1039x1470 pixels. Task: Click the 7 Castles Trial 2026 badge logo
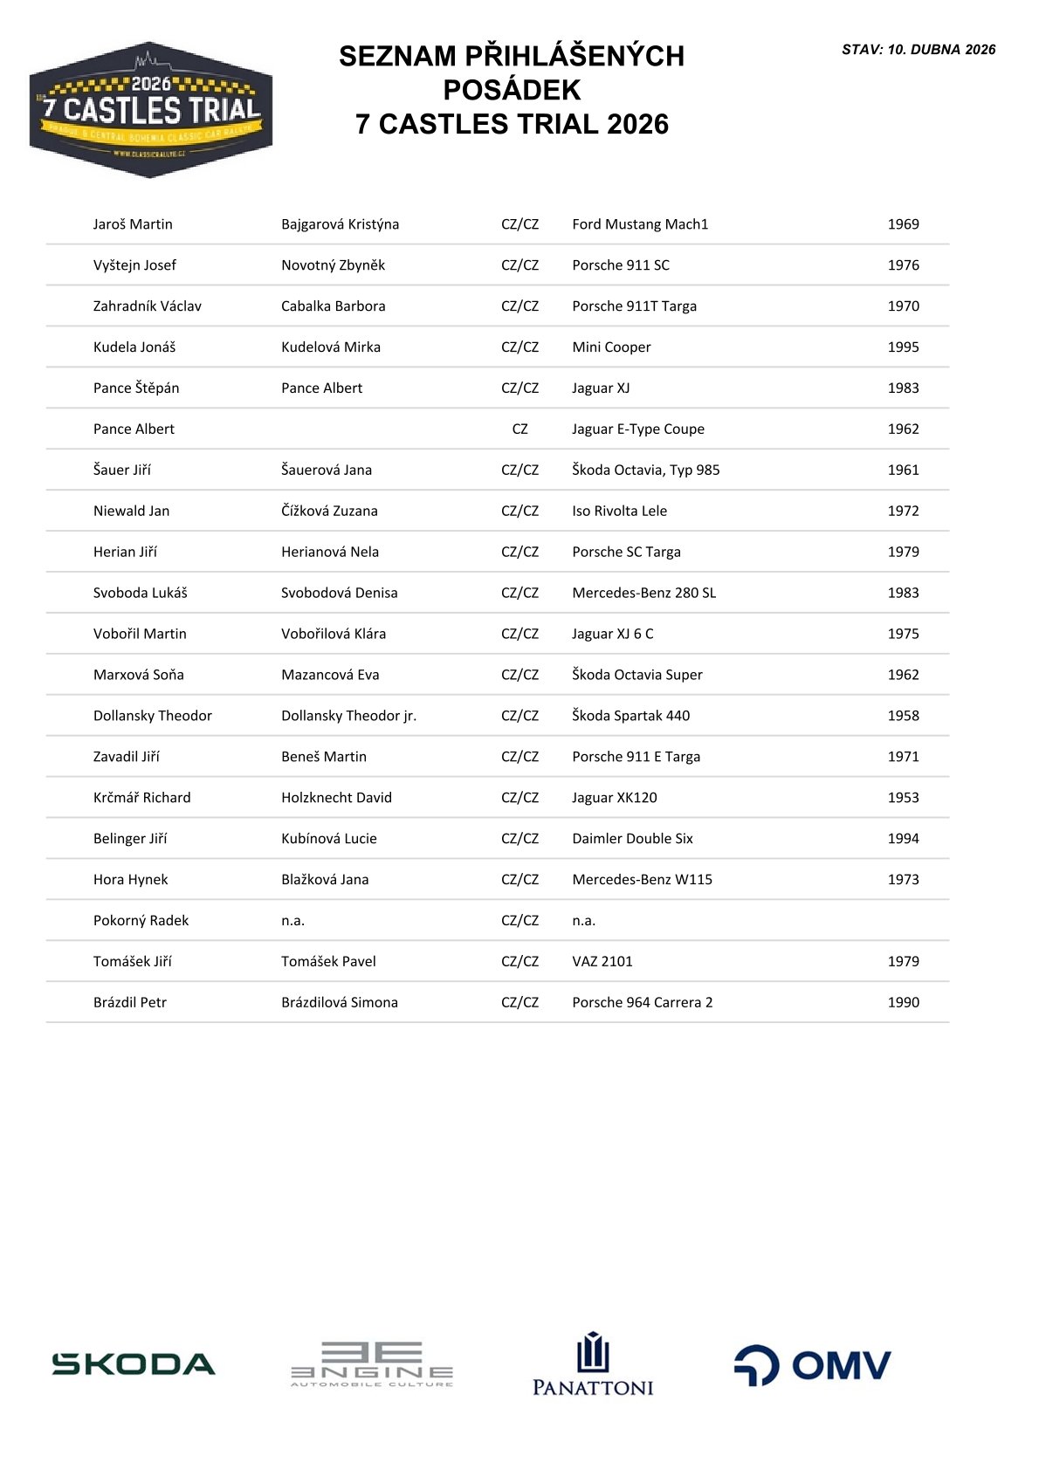click(x=151, y=110)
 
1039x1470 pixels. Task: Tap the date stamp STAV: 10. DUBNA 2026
click(x=919, y=50)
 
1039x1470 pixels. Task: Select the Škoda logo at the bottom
click(x=134, y=1364)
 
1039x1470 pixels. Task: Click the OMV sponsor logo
click(x=812, y=1365)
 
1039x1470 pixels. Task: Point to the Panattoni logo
click(x=593, y=1364)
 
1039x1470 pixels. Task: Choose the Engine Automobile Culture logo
click(x=372, y=1364)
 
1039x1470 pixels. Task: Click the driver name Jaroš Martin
click(x=133, y=224)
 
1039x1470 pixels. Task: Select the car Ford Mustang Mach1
click(x=640, y=224)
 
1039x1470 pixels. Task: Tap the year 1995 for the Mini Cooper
click(x=903, y=347)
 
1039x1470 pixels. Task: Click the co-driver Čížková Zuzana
click(x=329, y=511)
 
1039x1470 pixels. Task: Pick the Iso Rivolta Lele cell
click(x=619, y=511)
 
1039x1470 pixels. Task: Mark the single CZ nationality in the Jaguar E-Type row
click(x=519, y=429)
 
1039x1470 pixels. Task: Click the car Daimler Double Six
click(x=632, y=839)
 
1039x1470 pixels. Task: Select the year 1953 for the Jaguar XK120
click(x=903, y=798)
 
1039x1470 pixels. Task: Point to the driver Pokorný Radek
click(x=141, y=921)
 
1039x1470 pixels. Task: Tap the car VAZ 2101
click(x=602, y=962)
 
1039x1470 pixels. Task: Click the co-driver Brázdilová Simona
click(x=339, y=1003)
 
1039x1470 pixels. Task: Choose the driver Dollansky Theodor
click(x=153, y=716)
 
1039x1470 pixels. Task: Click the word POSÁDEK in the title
click(x=512, y=90)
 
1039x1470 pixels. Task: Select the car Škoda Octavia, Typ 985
click(x=645, y=471)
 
